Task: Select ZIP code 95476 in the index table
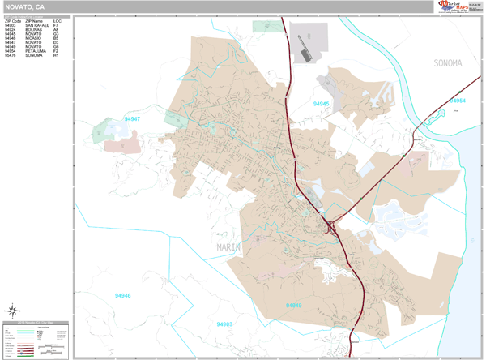[11, 55]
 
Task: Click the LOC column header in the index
[57, 20]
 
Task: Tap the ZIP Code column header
[13, 20]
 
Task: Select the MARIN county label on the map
[232, 246]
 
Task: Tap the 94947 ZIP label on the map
[133, 119]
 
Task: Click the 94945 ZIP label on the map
[322, 104]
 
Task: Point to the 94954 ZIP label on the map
[458, 101]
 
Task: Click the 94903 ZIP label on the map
[224, 324]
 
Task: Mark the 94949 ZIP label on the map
[293, 305]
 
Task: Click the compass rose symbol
[14, 310]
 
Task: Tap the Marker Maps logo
[455, 6]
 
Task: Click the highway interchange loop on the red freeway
[332, 228]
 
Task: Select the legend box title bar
[36, 323]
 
